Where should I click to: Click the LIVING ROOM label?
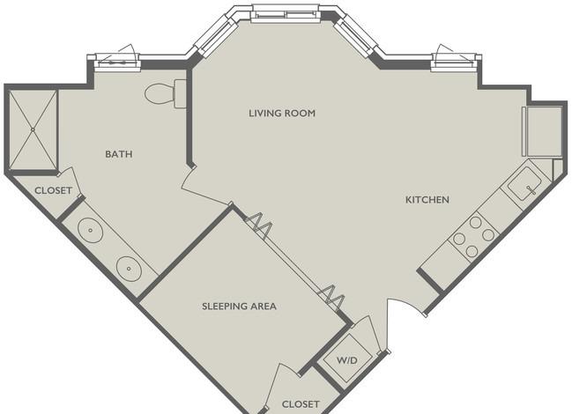pos(282,114)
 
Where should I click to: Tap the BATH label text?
pos(119,154)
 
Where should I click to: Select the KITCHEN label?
pos(427,200)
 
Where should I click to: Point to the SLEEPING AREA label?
pos(239,307)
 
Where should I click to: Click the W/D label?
pos(347,361)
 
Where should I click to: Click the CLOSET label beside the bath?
pos(53,190)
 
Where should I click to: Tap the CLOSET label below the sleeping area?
pos(301,404)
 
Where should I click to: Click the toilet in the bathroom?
pos(166,93)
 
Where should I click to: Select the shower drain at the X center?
pos(33,129)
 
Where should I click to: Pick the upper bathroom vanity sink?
pos(90,230)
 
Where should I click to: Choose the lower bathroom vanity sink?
pos(129,269)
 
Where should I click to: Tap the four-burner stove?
pos(473,236)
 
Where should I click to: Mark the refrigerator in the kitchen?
pos(543,131)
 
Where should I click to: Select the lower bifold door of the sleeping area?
pos(331,298)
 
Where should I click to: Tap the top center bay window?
pos(286,14)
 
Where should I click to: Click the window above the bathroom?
pos(117,62)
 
